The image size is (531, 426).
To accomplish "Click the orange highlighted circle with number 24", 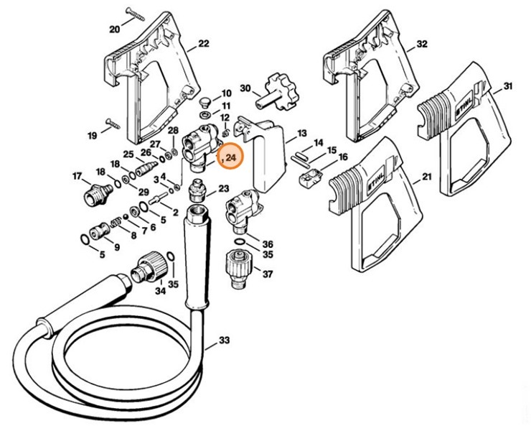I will pyautogui.click(x=231, y=156).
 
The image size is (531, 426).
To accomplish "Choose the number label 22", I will pyautogui.click(x=203, y=44).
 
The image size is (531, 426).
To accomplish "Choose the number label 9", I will pyautogui.click(x=116, y=247).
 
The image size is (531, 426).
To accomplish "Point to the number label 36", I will pyautogui.click(x=268, y=244).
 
